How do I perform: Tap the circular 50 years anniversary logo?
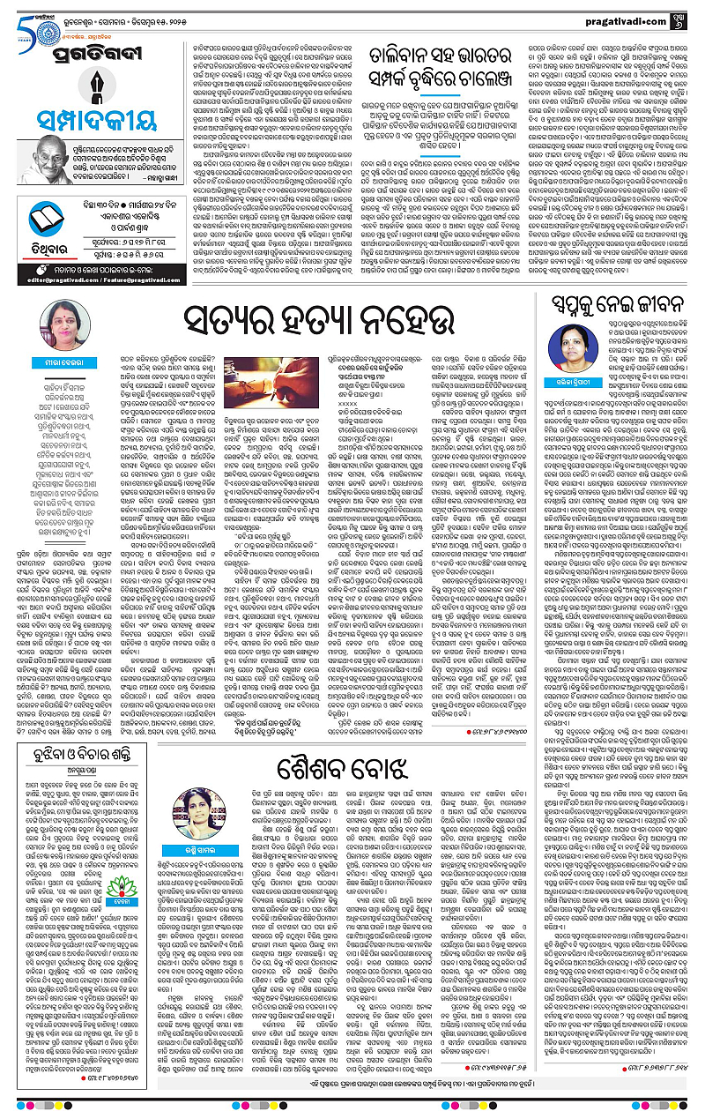coord(20,19)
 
